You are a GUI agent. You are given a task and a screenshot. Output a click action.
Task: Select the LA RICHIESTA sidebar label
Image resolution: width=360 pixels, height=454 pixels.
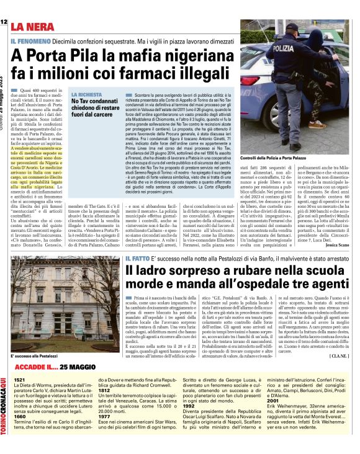click(87, 94)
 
